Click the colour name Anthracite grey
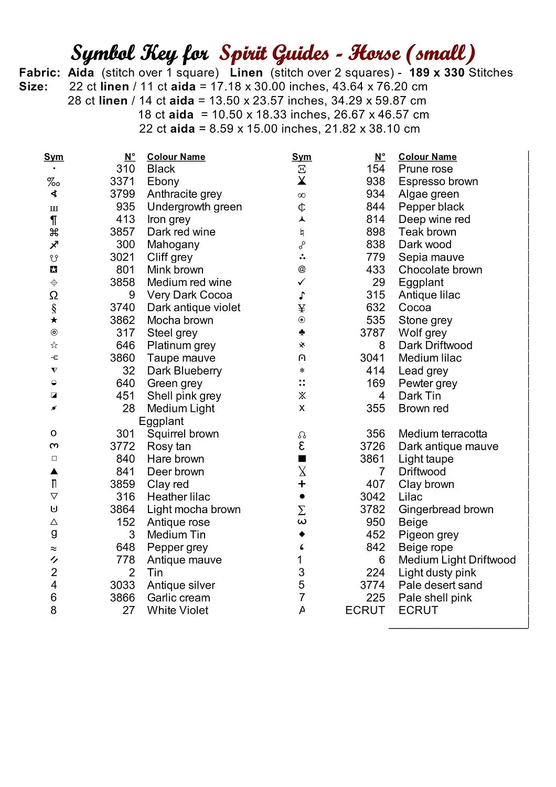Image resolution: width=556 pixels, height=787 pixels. [x=184, y=194]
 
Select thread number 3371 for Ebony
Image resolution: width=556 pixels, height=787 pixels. [x=122, y=182]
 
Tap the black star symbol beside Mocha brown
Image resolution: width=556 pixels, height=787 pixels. [x=54, y=320]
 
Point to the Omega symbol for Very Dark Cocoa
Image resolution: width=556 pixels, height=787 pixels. [x=54, y=295]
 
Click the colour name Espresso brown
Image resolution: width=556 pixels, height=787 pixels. [x=438, y=182]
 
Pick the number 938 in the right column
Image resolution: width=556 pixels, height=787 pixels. [x=376, y=182]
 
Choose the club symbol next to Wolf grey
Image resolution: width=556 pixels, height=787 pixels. [x=302, y=333]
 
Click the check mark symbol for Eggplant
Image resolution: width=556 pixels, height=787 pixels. [x=302, y=282]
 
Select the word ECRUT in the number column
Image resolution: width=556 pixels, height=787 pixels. [x=365, y=610]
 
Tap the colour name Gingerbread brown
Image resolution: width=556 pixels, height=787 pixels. [x=446, y=509]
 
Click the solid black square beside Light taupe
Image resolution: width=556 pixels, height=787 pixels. [x=302, y=459]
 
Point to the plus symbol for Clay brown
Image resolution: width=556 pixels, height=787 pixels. [x=302, y=484]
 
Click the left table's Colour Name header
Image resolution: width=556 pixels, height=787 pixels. [x=176, y=157]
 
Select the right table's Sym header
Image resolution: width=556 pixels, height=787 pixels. [x=302, y=157]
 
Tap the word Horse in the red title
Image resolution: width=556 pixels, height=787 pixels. [x=375, y=54]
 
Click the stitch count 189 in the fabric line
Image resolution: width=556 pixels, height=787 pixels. [x=419, y=73]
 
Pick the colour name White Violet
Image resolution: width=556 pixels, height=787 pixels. [x=177, y=610]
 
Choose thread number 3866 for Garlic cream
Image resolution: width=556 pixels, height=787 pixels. [x=122, y=598]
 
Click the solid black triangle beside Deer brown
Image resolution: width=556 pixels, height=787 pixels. [x=54, y=471]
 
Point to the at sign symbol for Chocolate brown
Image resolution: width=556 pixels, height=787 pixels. [x=302, y=270]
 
